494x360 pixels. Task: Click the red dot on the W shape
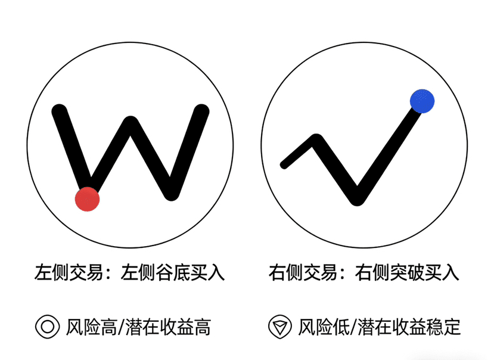pyautogui.click(x=87, y=199)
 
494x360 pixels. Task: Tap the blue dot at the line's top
pyautogui.click(x=422, y=101)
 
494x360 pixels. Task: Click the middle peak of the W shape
pyautogui.click(x=131, y=123)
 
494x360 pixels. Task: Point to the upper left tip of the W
pyautogui.click(x=58, y=111)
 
